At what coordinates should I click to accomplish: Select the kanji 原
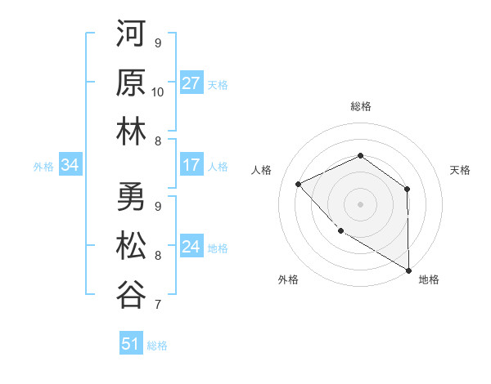(x=131, y=84)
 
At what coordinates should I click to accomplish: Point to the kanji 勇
(x=131, y=199)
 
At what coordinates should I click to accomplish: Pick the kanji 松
(x=131, y=245)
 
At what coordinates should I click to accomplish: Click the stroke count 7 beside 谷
(x=158, y=306)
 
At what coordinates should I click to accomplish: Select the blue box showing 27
(x=191, y=83)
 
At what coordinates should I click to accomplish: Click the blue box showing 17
(x=191, y=165)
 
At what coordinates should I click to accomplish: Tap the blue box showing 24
(x=191, y=247)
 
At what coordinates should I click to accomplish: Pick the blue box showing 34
(x=70, y=166)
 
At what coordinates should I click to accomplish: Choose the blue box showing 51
(x=130, y=344)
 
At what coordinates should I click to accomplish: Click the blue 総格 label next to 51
(x=157, y=346)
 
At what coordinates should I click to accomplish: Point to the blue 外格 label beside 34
(x=43, y=167)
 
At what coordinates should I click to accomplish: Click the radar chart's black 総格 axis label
(x=360, y=106)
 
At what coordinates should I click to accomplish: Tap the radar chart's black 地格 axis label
(x=429, y=280)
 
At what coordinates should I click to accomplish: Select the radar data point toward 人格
(x=299, y=185)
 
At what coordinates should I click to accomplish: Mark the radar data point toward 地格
(x=408, y=270)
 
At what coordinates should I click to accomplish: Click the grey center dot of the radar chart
(x=360, y=203)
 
